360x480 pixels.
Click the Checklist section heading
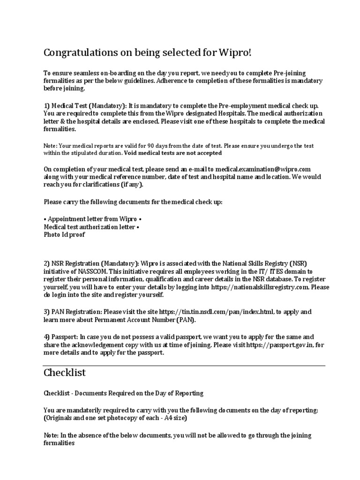(x=65, y=373)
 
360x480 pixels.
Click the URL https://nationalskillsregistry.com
(x=264, y=286)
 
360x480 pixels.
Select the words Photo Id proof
(x=64, y=235)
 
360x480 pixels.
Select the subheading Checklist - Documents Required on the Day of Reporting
(x=124, y=393)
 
